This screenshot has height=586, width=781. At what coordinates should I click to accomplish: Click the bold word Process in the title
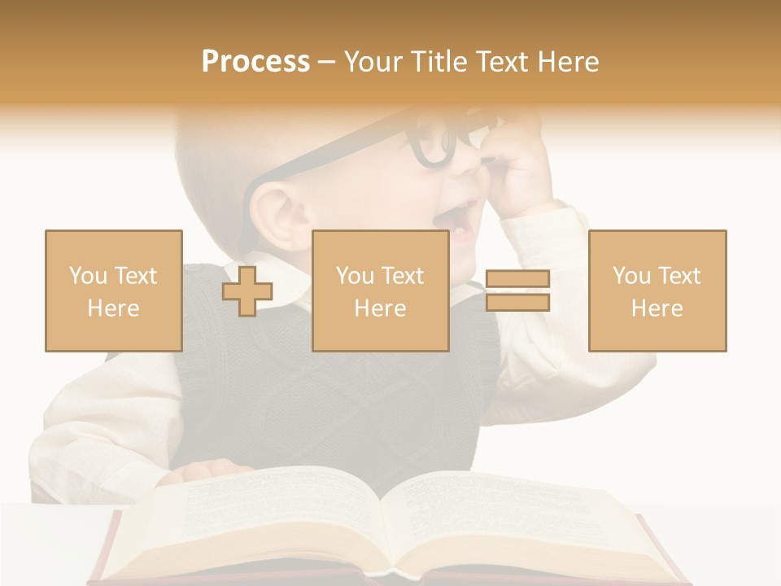[255, 62]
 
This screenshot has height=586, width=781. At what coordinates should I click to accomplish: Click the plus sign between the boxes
[247, 291]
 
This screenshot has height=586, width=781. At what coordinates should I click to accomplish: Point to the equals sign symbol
[517, 291]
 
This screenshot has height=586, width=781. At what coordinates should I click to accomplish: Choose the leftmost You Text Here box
[113, 291]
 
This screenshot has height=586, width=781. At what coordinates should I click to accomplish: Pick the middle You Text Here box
[380, 291]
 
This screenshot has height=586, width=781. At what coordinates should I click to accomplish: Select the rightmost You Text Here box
[657, 291]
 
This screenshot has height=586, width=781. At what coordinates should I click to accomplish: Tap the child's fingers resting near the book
[207, 470]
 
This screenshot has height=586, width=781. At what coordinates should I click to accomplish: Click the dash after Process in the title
[326, 62]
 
